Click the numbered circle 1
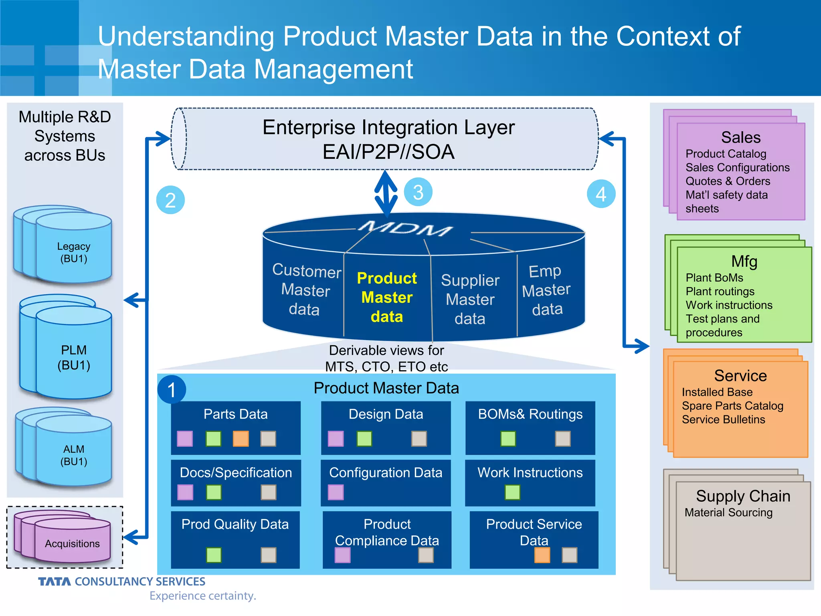172,390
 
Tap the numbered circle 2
170,200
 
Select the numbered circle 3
418,192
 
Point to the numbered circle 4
601,194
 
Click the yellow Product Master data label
387,298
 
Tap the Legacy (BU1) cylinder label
74,252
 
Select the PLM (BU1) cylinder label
74,357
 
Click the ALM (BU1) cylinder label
74,455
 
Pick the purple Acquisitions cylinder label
72,544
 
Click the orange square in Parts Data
241,439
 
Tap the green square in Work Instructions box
512,492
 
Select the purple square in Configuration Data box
336,492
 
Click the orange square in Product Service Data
542,555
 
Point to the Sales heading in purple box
741,138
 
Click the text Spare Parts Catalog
732,406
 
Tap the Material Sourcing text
728,513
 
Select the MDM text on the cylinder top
405,229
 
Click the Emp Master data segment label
546,290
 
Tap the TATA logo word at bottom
55,582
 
